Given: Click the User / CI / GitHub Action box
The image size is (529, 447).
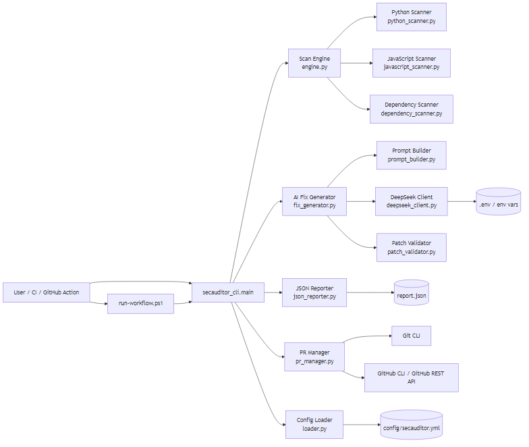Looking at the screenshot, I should (47, 292).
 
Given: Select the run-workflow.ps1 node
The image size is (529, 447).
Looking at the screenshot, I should (140, 304).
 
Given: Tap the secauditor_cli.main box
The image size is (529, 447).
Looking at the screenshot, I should (228, 292).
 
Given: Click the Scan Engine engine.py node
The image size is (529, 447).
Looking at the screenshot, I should (314, 63).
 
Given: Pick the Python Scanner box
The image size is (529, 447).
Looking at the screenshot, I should (411, 17).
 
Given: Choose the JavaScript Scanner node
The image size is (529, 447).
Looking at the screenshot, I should (411, 63).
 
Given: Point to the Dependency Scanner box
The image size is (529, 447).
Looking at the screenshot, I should (411, 109).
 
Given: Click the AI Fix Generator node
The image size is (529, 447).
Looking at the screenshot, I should (314, 201).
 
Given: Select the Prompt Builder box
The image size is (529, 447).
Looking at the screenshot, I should (411, 155).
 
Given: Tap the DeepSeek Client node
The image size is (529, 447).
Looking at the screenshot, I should (411, 201).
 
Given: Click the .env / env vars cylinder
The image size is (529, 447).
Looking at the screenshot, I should (499, 202).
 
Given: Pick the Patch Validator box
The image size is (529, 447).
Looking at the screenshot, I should (411, 247).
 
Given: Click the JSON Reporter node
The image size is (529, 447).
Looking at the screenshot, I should (314, 292).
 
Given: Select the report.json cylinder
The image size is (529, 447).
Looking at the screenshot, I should (412, 293).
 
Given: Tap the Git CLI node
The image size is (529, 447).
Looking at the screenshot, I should (411, 336).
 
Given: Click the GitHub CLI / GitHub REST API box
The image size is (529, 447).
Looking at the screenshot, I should (411, 377).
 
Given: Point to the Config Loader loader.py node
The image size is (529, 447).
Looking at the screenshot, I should (314, 423).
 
